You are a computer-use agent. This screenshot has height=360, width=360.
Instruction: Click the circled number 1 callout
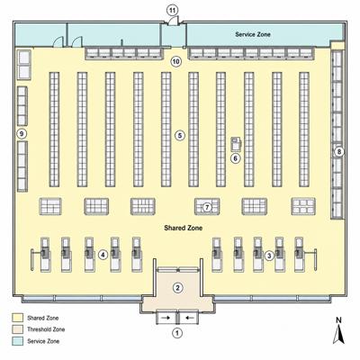pyautogui.click(x=177, y=333)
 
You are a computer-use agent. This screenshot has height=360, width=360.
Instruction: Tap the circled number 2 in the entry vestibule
pyautogui.click(x=177, y=288)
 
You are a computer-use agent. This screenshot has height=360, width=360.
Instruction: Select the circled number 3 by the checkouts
pyautogui.click(x=269, y=256)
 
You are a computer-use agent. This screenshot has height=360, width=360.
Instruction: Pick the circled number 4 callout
pyautogui.click(x=103, y=256)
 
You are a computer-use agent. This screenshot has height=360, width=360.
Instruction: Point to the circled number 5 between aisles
pyautogui.click(x=180, y=135)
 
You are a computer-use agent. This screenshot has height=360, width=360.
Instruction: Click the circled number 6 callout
pyautogui.click(x=236, y=158)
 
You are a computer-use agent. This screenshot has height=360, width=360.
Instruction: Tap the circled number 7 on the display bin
pyautogui.click(x=207, y=207)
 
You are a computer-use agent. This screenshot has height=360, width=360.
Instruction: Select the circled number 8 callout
pyautogui.click(x=339, y=152)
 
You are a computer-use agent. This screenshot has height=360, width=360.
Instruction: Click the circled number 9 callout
pyautogui.click(x=22, y=133)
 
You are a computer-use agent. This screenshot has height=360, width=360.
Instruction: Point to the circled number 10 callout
pyautogui.click(x=176, y=62)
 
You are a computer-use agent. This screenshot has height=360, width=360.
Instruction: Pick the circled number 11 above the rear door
pyautogui.click(x=172, y=11)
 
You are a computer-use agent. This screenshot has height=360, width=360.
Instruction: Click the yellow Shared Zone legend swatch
pyautogui.click(x=17, y=318)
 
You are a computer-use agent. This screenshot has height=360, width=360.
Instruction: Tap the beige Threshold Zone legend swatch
pyautogui.click(x=17, y=329)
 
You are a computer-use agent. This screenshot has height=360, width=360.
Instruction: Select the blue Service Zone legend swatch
pyautogui.click(x=17, y=341)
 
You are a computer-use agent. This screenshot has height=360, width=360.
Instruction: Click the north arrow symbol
pyautogui.click(x=338, y=334)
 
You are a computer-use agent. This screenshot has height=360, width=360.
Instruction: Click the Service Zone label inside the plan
pyautogui.click(x=253, y=34)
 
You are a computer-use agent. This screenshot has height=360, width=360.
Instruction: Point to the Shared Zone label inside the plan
pyautogui.click(x=184, y=228)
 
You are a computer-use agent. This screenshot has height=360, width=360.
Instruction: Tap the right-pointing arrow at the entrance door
pyautogui.click(x=165, y=318)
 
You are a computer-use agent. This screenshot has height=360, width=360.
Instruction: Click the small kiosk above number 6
pyautogui.click(x=236, y=143)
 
